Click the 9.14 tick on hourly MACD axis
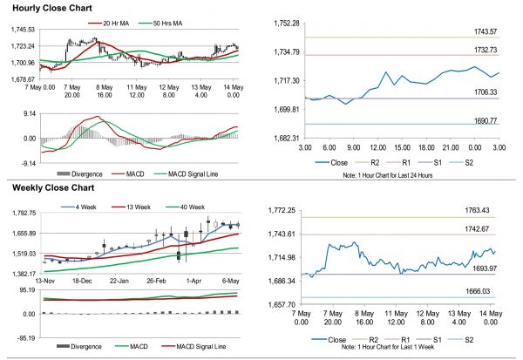coord(29,113)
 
